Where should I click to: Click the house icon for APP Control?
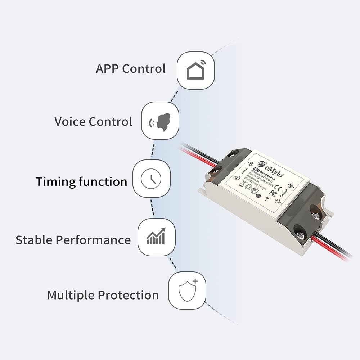click(x=195, y=70)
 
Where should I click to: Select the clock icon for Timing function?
click(x=151, y=179)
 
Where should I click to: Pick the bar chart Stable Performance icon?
click(x=156, y=237)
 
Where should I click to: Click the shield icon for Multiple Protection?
click(x=187, y=291)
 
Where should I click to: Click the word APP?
click(x=107, y=68)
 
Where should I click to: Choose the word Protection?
click(x=128, y=295)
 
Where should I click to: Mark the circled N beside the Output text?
click(x=291, y=186)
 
